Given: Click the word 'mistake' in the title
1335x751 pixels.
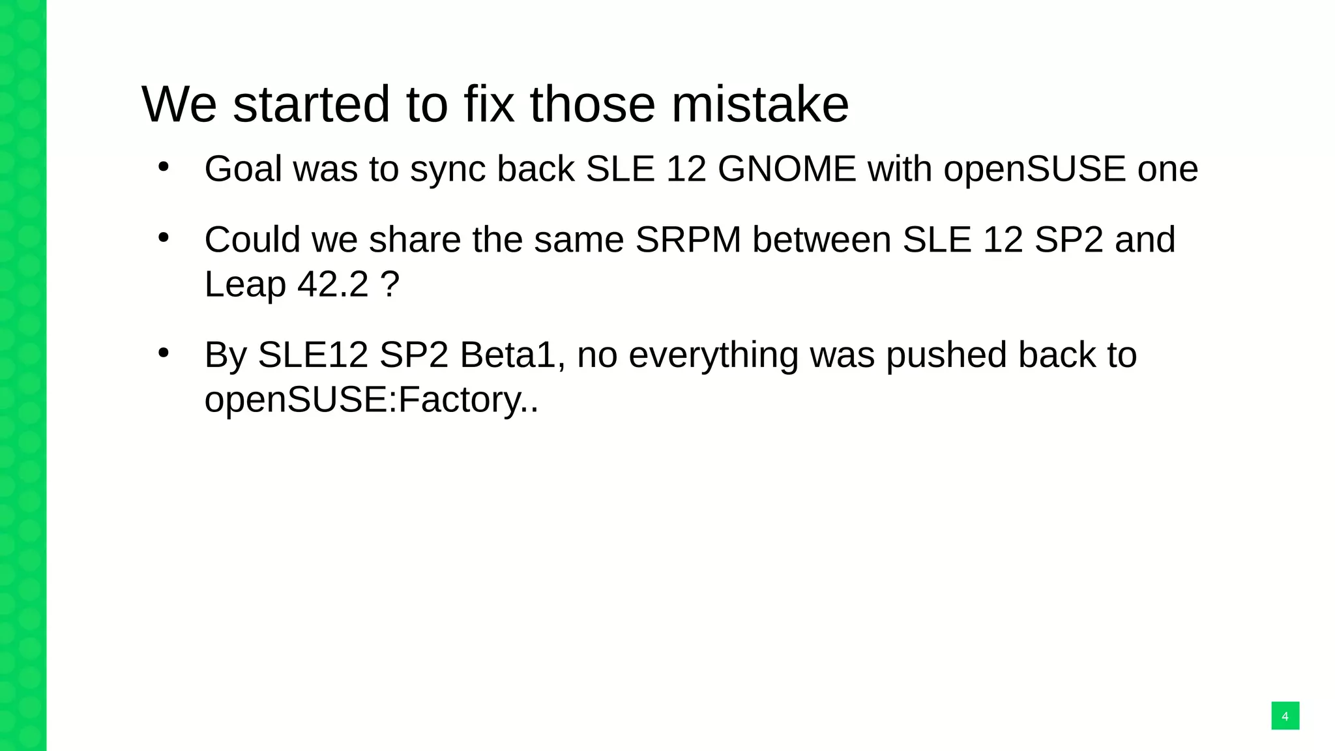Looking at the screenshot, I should pyautogui.click(x=760, y=104).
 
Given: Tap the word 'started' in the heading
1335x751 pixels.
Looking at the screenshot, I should pyautogui.click(x=311, y=104).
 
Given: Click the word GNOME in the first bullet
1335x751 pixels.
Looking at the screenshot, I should pyautogui.click(x=786, y=169).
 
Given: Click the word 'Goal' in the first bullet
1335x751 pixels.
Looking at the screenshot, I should pyautogui.click(x=243, y=169).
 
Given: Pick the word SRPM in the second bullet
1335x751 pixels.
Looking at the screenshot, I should pyautogui.click(x=688, y=239).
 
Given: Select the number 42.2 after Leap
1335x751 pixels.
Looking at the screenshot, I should pyautogui.click(x=333, y=284).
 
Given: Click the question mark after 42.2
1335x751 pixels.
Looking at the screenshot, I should pyautogui.click(x=390, y=284).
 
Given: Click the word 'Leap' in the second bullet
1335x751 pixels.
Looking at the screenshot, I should pyautogui.click(x=245, y=286).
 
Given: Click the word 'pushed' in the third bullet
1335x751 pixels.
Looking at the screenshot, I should pyautogui.click(x=945, y=355).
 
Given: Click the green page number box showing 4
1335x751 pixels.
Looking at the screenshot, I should pyautogui.click(x=1285, y=716).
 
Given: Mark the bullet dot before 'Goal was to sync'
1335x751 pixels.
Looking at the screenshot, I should pyautogui.click(x=164, y=167).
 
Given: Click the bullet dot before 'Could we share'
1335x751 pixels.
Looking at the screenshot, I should pyautogui.click(x=164, y=237).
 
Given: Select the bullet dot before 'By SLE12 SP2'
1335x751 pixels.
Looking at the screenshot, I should pyautogui.click(x=164, y=353).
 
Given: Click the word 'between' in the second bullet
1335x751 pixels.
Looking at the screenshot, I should pyautogui.click(x=821, y=239).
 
